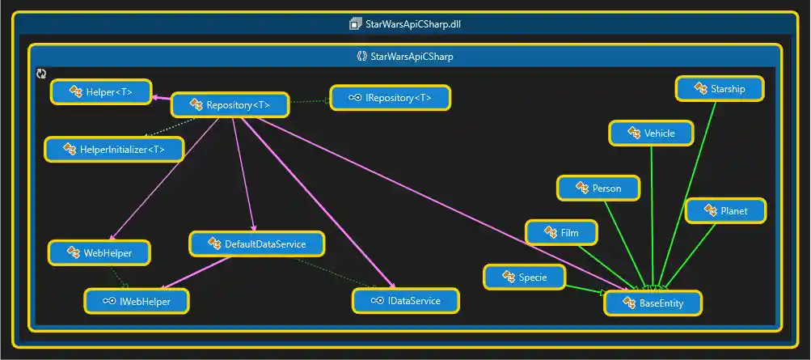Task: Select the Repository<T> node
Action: click(x=230, y=105)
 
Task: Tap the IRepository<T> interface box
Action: click(x=390, y=98)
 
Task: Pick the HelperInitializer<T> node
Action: click(x=114, y=150)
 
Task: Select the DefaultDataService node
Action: click(x=257, y=244)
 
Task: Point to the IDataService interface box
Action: click(x=406, y=301)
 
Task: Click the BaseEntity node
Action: click(x=653, y=303)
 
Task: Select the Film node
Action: click(x=562, y=233)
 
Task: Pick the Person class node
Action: click(x=598, y=188)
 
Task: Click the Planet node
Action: click(x=725, y=211)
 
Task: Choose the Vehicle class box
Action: click(x=651, y=133)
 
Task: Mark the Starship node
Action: click(x=720, y=89)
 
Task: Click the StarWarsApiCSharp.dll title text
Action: click(x=412, y=24)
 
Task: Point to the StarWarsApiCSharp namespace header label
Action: click(x=412, y=57)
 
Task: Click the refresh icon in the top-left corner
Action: click(x=41, y=74)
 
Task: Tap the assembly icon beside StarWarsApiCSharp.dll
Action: click(x=355, y=24)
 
